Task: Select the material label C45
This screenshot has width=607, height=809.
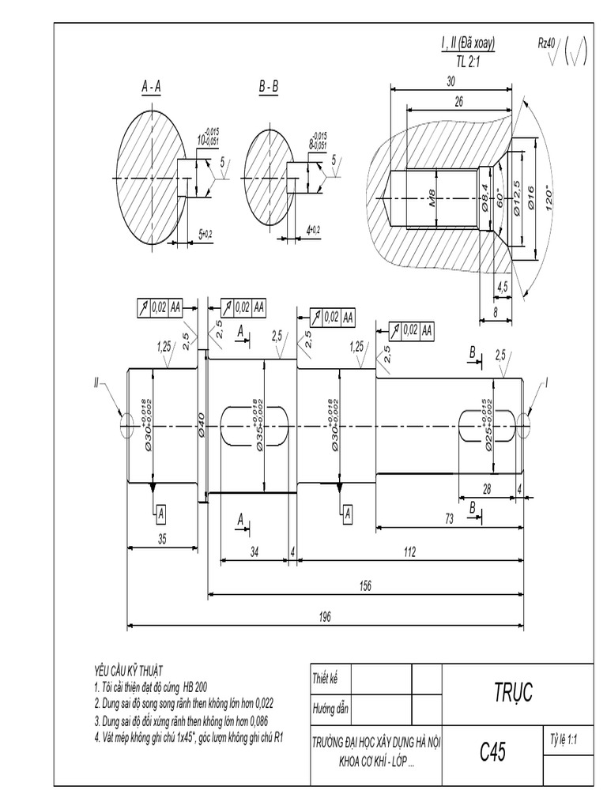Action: click(492, 751)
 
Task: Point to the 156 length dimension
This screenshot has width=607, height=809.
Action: click(364, 585)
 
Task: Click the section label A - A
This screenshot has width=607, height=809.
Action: click(151, 87)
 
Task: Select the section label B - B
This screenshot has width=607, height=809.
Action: click(269, 87)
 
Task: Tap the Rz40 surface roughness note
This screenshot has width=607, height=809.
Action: click(547, 44)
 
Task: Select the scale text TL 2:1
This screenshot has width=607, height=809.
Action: click(468, 61)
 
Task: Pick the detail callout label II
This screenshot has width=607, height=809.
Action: click(98, 383)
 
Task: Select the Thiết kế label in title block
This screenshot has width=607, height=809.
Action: click(325, 678)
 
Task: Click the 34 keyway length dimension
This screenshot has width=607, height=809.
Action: click(254, 552)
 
